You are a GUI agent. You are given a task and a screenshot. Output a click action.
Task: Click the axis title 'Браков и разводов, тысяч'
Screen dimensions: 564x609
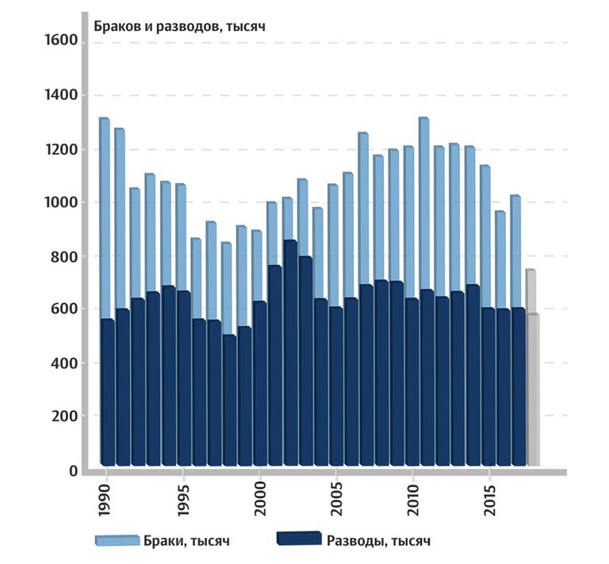point(179,25)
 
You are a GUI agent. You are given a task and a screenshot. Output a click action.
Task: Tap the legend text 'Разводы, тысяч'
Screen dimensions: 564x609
point(378,541)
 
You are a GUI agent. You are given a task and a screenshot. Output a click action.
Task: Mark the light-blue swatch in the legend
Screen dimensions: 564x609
point(118,540)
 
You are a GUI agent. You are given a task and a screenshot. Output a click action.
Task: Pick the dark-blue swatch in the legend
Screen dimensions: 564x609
point(298,539)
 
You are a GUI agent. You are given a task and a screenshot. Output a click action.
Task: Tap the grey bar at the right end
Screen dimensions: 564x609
point(533,389)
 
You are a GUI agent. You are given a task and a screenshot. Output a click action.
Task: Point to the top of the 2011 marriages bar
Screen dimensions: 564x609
point(423,120)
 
